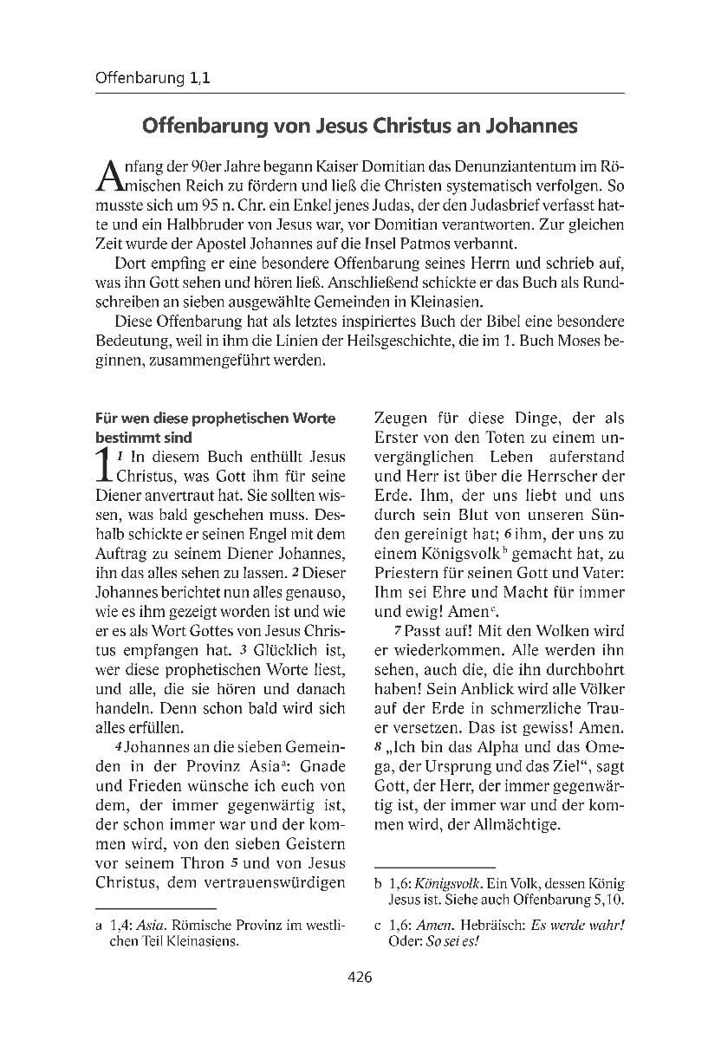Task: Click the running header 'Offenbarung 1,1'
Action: click(153, 78)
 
